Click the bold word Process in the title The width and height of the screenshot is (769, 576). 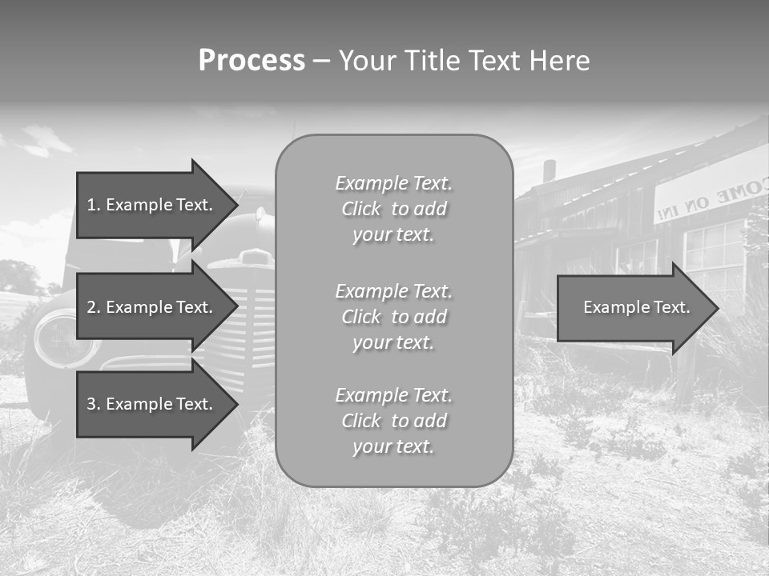click(x=252, y=60)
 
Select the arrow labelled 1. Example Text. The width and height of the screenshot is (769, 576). click(x=152, y=205)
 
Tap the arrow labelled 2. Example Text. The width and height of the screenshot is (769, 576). click(x=152, y=307)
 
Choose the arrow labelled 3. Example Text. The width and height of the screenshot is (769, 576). click(x=152, y=404)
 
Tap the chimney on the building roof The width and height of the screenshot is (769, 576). click(x=549, y=170)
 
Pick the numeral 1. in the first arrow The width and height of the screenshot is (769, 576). click(x=94, y=205)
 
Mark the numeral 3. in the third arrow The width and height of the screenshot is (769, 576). click(x=94, y=404)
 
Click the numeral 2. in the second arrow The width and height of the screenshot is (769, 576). click(x=94, y=307)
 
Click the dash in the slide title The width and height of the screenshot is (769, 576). click(x=322, y=60)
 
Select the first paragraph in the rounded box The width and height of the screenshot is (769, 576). click(x=393, y=209)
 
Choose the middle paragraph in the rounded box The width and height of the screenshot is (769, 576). click(x=393, y=317)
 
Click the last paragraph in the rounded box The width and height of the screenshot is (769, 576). click(x=393, y=421)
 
